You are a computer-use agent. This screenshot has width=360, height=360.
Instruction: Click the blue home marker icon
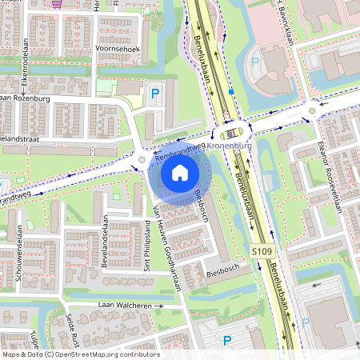180,172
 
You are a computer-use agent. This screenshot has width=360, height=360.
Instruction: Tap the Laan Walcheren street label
124,306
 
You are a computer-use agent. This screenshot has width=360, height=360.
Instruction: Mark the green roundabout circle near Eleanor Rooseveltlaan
312,110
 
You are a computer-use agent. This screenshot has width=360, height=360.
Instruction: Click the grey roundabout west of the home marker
142,160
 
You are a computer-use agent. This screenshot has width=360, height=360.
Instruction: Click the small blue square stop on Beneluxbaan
231,92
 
